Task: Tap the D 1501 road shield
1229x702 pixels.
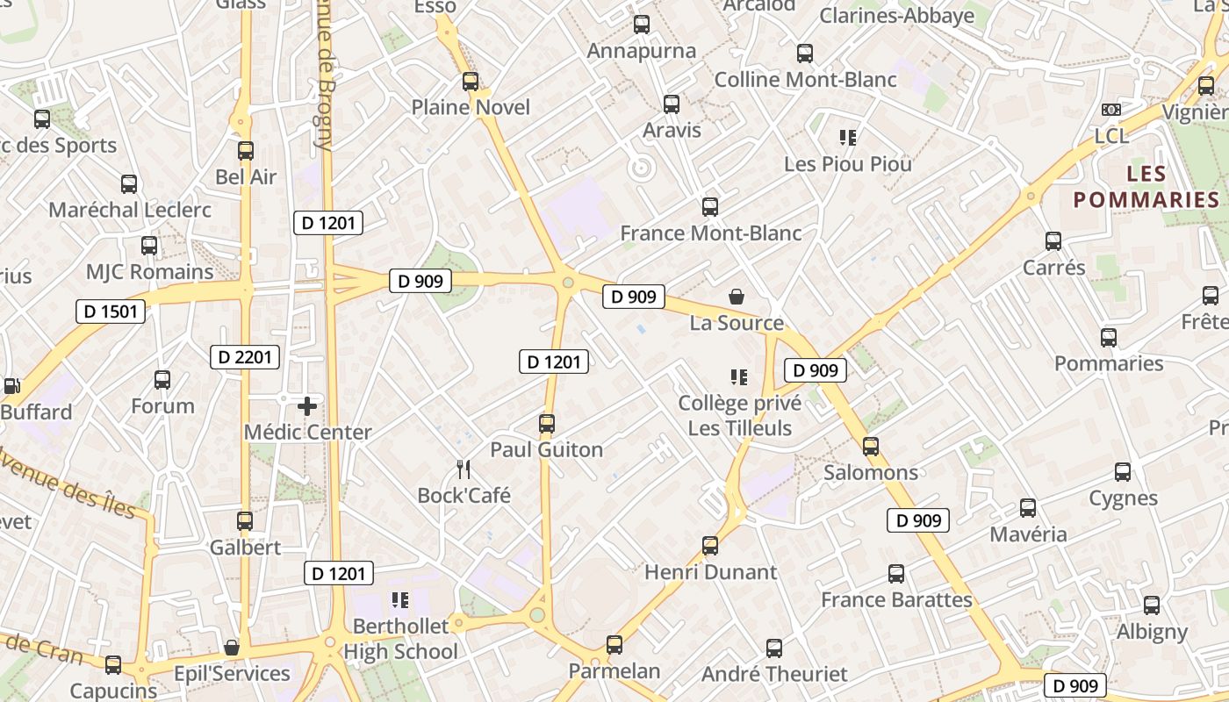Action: pyautogui.click(x=111, y=311)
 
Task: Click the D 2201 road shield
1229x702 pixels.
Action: pyautogui.click(x=246, y=356)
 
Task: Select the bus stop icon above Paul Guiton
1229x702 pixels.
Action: pyautogui.click(x=547, y=424)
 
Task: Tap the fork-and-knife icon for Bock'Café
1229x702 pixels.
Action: pyautogui.click(x=464, y=469)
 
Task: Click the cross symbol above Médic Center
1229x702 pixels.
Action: pyautogui.click(x=307, y=406)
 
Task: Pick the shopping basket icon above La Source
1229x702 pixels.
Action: pyautogui.click(x=737, y=297)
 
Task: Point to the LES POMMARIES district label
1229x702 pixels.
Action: pyautogui.click(x=1146, y=186)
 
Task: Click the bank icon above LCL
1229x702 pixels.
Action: pyautogui.click(x=1111, y=110)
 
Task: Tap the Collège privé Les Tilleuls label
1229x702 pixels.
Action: pyautogui.click(x=739, y=416)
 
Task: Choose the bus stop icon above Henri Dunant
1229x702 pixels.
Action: pyautogui.click(x=710, y=546)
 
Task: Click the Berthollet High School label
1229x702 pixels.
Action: pyautogui.click(x=400, y=639)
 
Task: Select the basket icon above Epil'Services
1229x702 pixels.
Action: pyautogui.click(x=232, y=648)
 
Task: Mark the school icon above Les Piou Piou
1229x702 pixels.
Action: pyautogui.click(x=848, y=137)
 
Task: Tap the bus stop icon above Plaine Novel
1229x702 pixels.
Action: pyautogui.click(x=471, y=82)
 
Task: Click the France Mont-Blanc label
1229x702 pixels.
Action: pyautogui.click(x=711, y=233)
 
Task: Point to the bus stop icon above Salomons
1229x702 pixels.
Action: pyautogui.click(x=871, y=447)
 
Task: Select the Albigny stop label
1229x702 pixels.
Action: pyautogui.click(x=1152, y=632)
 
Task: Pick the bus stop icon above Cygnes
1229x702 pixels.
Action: pyautogui.click(x=1123, y=472)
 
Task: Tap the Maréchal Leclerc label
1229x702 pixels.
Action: pyautogui.click(x=130, y=210)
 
